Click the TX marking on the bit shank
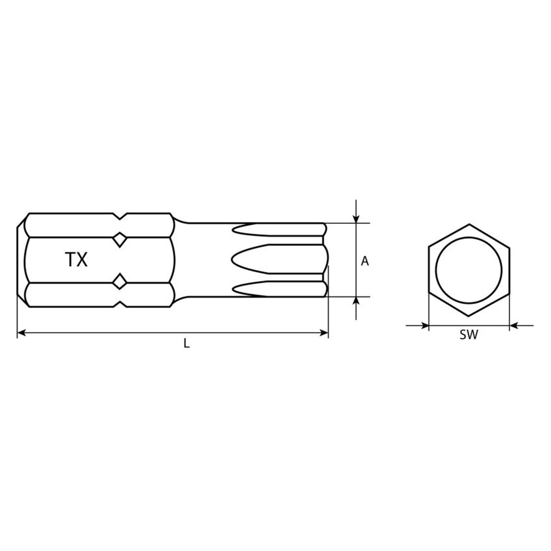pos(76,259)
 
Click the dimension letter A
pos(365,261)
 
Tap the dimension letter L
pos(186,343)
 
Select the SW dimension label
pos(469,335)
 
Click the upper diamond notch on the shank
pos(120,240)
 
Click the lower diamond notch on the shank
pos(120,281)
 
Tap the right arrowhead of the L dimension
pos(324,332)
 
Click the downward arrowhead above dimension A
pos(356,219)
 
